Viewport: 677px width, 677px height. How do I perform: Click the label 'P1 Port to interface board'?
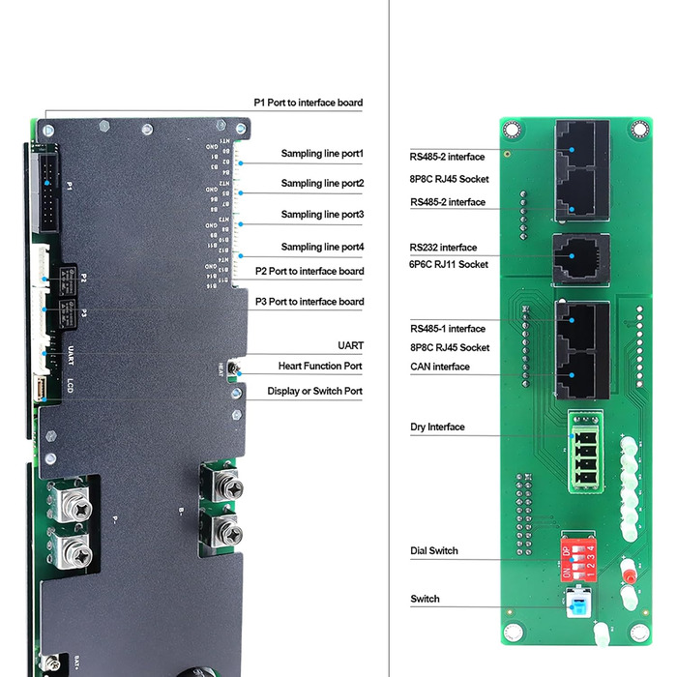309,102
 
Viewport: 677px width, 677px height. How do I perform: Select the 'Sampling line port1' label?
322,153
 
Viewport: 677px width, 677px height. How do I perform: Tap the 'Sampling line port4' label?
322,247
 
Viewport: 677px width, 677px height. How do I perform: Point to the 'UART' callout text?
350,344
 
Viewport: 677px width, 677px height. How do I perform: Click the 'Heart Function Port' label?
320,366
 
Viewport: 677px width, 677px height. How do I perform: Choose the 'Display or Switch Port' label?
315,391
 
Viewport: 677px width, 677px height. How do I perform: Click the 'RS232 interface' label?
443,248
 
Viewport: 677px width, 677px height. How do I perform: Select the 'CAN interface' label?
439,367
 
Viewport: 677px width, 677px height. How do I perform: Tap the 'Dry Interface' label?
437,427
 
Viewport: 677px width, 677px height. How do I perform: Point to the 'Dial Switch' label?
434,550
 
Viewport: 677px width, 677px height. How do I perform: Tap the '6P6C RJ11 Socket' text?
449,264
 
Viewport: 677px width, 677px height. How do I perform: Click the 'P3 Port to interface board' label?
309,302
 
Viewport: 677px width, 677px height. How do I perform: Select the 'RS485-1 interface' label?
447,328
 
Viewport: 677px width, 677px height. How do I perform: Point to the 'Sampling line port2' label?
322,183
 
